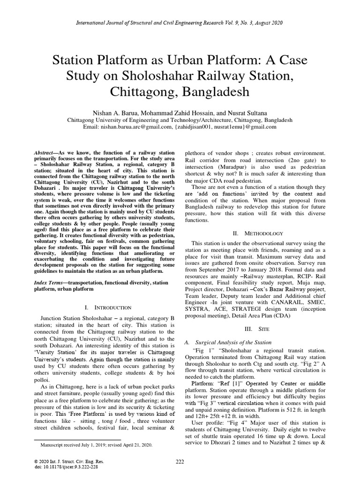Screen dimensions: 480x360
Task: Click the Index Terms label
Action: pos(50,283)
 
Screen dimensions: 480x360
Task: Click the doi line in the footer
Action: pos(61,468)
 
